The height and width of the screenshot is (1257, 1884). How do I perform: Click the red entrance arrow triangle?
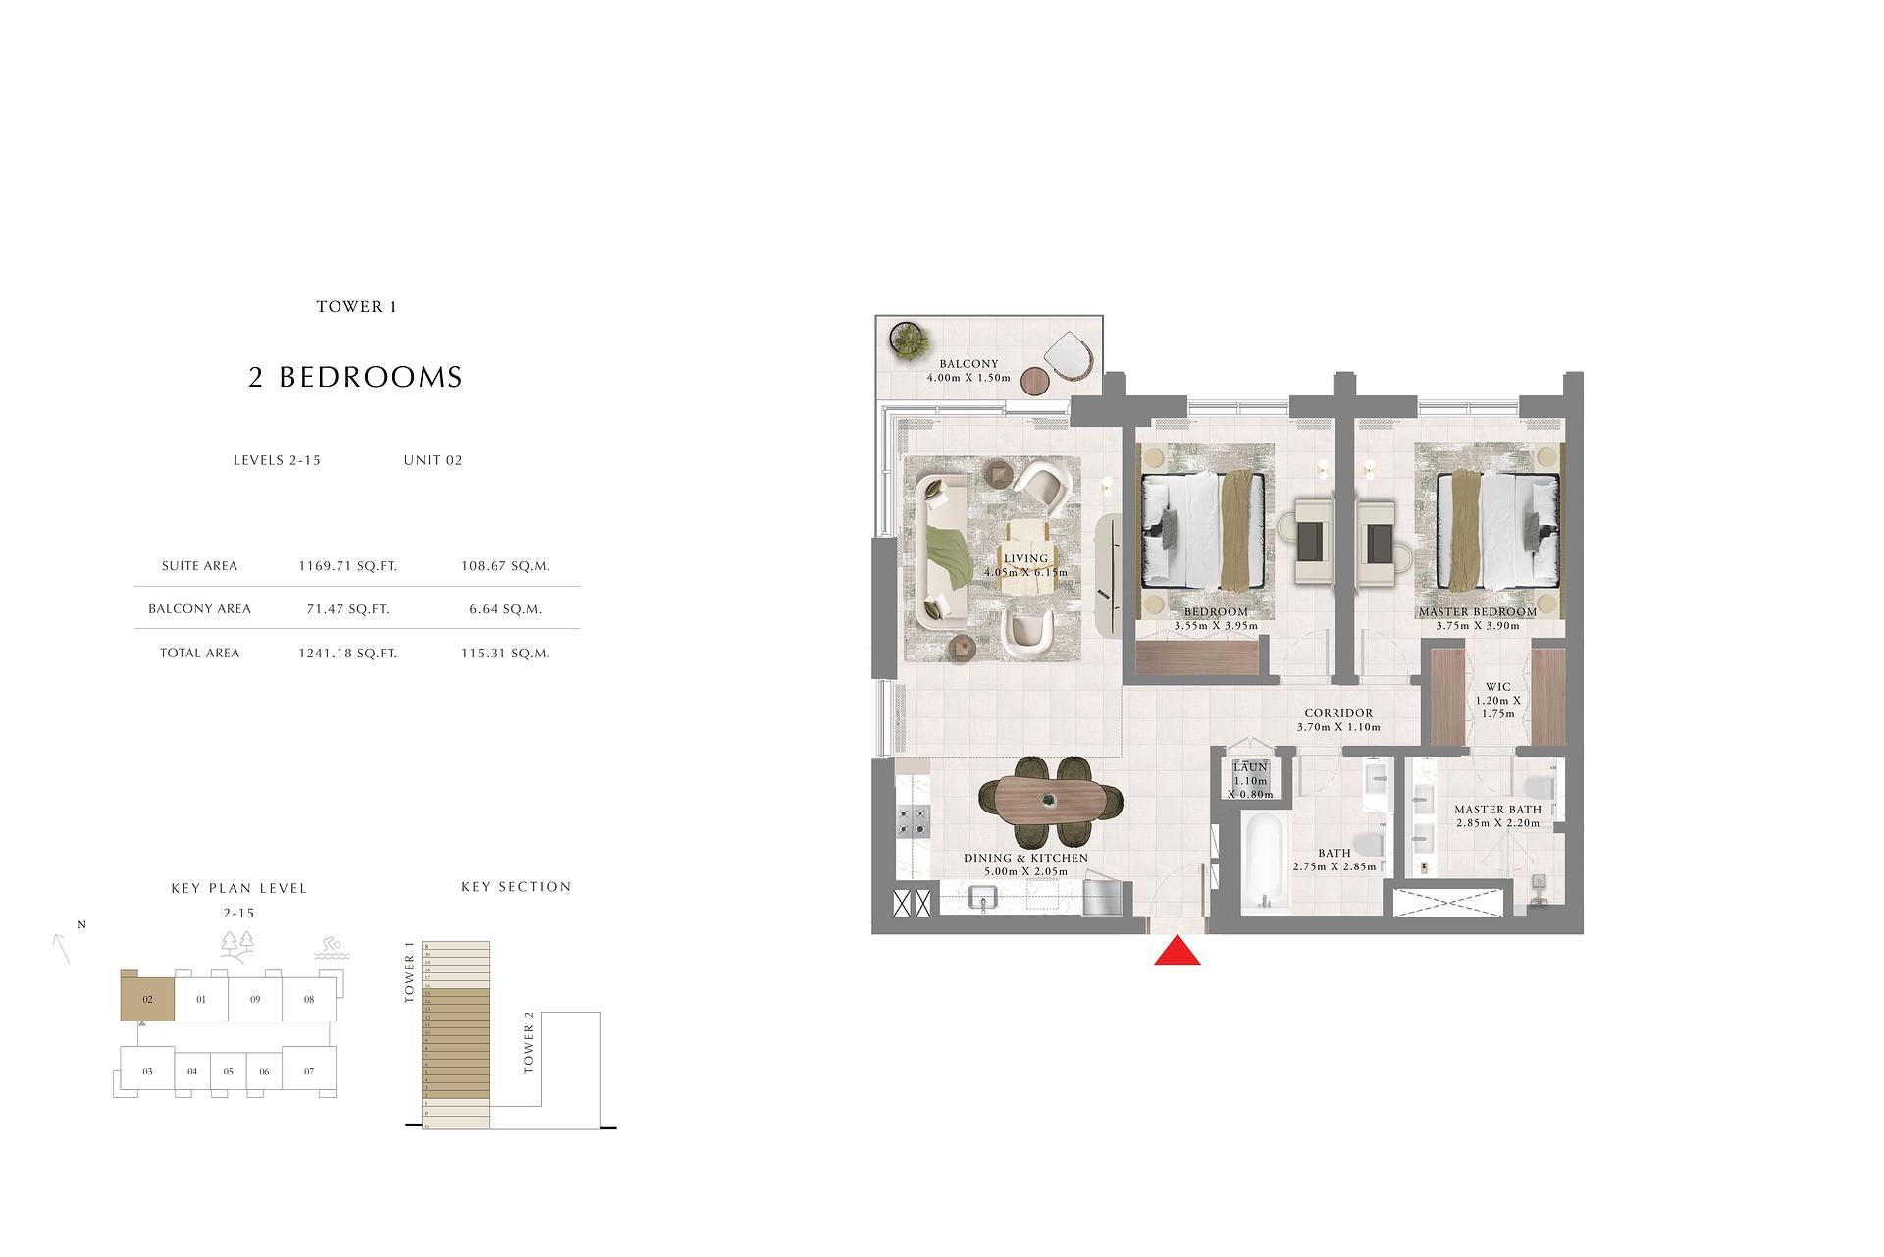pyautogui.click(x=1177, y=953)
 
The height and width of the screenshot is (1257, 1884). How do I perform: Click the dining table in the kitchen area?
pyautogui.click(x=1050, y=801)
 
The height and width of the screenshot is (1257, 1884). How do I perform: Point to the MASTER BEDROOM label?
pyautogui.click(x=1477, y=612)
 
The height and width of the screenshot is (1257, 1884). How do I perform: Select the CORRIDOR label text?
pyautogui.click(x=1338, y=713)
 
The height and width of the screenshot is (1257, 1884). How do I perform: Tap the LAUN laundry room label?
pyautogui.click(x=1251, y=767)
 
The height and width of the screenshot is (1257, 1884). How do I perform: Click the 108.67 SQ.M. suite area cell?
pyautogui.click(x=505, y=566)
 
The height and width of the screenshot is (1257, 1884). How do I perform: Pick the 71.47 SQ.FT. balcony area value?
pyautogui.click(x=347, y=609)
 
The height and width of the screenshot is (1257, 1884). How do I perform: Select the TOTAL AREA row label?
pyautogui.click(x=199, y=653)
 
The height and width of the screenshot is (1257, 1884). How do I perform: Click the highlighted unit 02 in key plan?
pyautogui.click(x=147, y=999)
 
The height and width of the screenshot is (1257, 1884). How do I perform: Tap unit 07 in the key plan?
pyautogui.click(x=309, y=1071)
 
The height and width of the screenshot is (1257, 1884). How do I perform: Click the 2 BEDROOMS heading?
pyautogui.click(x=355, y=378)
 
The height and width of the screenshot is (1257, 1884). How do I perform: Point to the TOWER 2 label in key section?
pyautogui.click(x=529, y=1049)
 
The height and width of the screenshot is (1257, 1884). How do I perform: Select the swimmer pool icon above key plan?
pyautogui.click(x=331, y=949)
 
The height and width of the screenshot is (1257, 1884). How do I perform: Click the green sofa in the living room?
pyautogui.click(x=942, y=550)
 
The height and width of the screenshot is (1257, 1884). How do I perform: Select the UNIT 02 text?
pyautogui.click(x=433, y=460)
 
